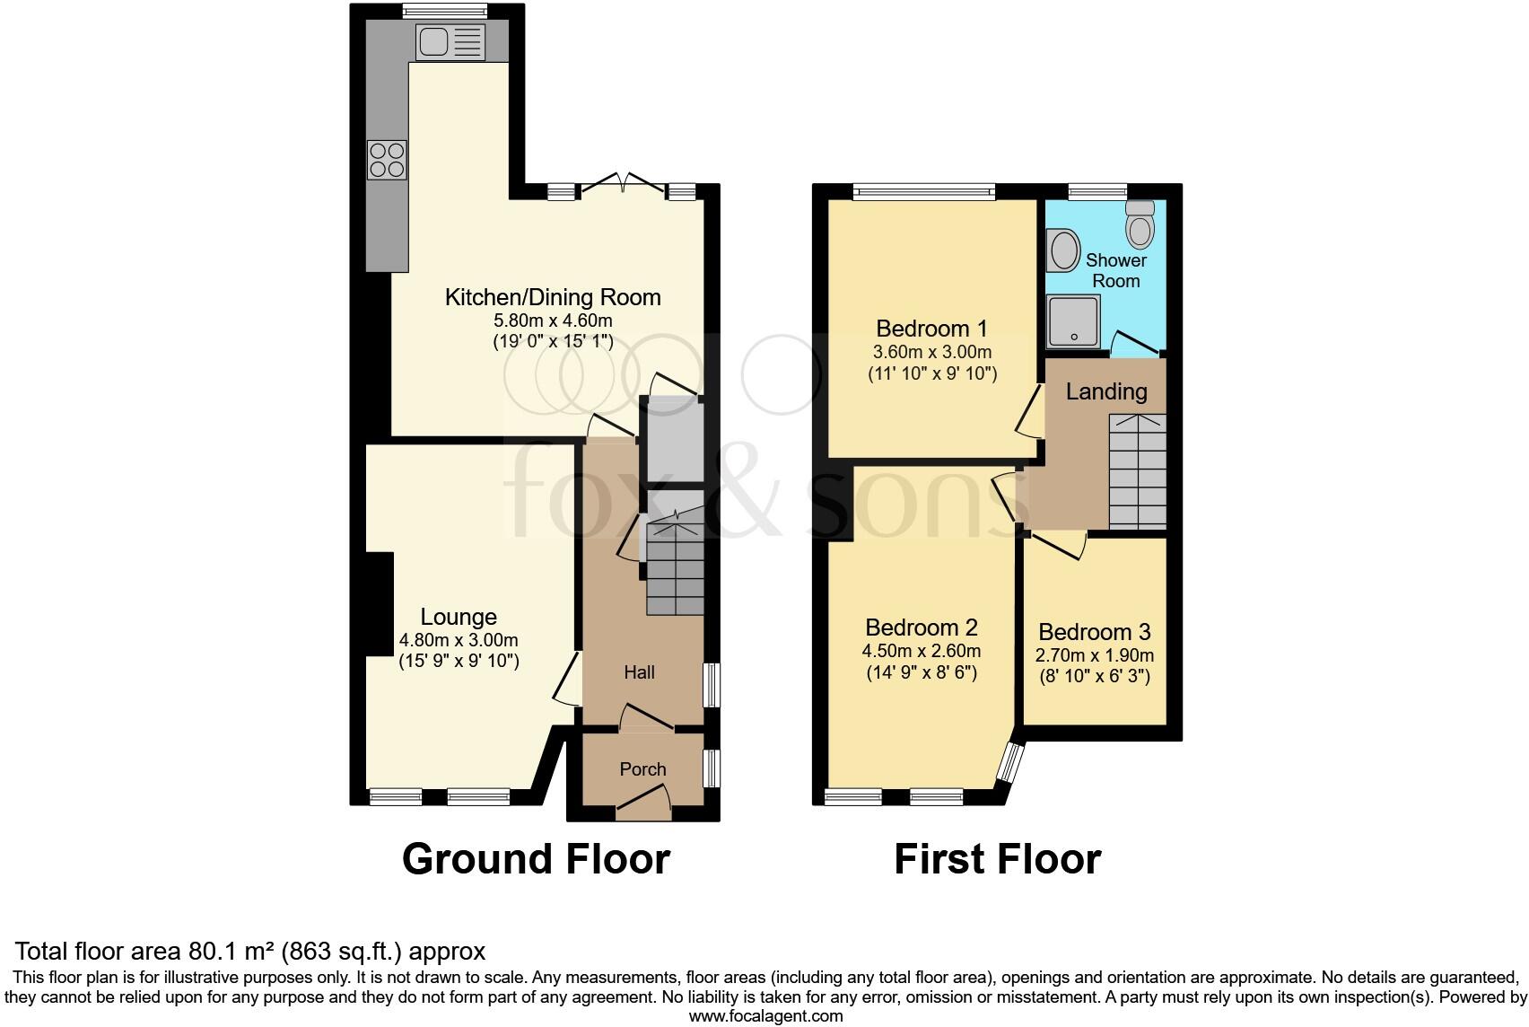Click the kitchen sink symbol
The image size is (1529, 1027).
click(x=450, y=40)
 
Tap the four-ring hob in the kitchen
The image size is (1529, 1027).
click(x=387, y=160)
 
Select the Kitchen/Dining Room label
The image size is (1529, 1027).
click(x=553, y=297)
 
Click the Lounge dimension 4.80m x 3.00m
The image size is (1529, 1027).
click(x=459, y=640)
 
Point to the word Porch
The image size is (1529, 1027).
click(x=642, y=769)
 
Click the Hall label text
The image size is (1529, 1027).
click(x=640, y=672)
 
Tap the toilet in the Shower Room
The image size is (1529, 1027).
click(x=1140, y=224)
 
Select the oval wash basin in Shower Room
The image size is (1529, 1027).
click(x=1065, y=250)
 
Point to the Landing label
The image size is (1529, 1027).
click(x=1106, y=391)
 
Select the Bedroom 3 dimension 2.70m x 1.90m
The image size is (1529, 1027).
click(x=1095, y=655)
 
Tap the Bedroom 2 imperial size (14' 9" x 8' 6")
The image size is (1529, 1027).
click(x=922, y=672)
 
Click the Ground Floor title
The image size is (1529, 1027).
click(x=536, y=859)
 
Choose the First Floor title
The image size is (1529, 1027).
click(x=997, y=859)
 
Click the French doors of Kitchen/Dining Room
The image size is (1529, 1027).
click(x=624, y=184)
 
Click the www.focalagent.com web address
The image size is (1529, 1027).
click(x=765, y=1017)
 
